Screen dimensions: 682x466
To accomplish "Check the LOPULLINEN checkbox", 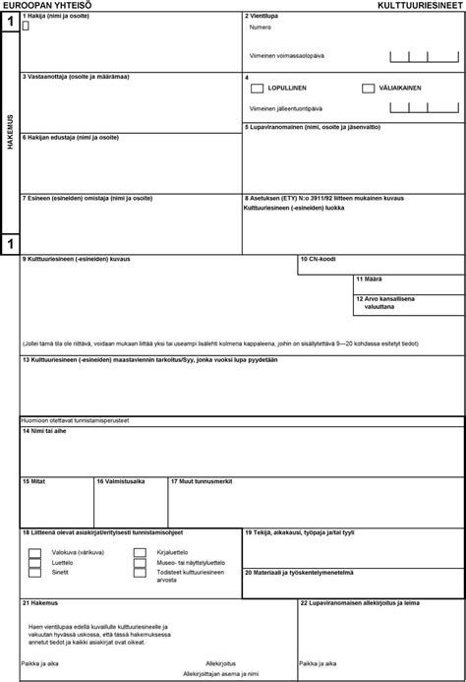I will coord(257,89).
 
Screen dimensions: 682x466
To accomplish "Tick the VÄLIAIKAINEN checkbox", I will coord(368,89).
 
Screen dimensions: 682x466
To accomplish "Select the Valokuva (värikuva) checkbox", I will coord(35,552).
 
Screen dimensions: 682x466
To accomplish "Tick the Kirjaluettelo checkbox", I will coord(140,552).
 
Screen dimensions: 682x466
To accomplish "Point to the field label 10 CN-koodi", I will coord(319,260).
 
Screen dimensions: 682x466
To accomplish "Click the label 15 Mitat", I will coord(34,481).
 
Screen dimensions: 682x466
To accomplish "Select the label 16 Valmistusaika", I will coord(121,481).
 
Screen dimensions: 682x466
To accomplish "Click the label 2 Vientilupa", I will coord(261,17).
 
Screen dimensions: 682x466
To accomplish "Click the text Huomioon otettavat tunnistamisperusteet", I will coord(81,420).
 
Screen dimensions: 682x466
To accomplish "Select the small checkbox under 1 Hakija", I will coord(26,27).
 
